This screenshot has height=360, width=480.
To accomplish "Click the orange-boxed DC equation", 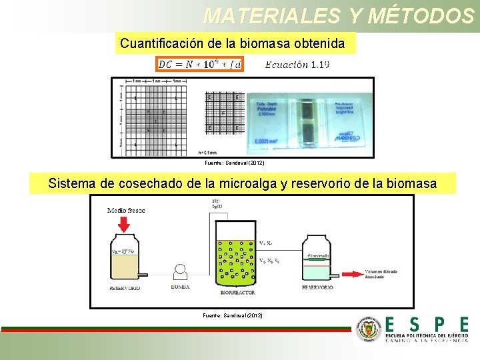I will tap(200, 65).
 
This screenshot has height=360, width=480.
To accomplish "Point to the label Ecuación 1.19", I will tap(297, 65).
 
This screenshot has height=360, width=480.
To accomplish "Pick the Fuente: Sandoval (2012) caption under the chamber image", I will tap(234, 163).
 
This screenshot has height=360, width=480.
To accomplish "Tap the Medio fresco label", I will tap(126, 211).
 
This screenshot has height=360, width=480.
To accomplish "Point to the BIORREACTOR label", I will tap(238, 293).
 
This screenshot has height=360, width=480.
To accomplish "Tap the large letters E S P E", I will tap(427, 325).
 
